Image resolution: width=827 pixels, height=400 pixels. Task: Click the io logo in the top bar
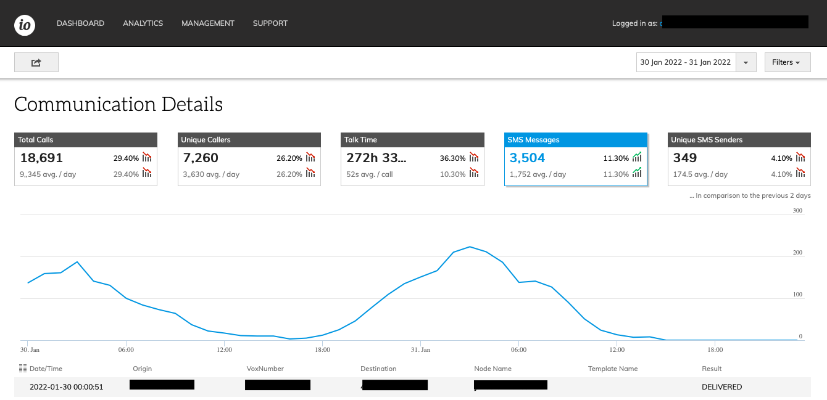point(25,24)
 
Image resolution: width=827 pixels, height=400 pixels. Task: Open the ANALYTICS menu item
point(143,23)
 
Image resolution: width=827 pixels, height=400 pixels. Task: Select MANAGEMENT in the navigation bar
point(208,23)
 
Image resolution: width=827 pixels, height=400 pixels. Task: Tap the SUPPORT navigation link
point(270,23)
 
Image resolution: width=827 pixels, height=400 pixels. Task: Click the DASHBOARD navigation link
point(80,23)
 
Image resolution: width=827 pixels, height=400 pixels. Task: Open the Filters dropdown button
point(787,62)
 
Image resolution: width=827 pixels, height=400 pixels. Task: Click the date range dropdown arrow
point(746,62)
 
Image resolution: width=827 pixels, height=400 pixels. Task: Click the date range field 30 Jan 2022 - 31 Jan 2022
point(686,62)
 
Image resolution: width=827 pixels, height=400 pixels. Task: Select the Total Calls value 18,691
point(41,158)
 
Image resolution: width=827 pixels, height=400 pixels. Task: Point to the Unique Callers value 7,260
point(201,158)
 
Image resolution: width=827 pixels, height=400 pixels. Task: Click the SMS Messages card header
point(575,140)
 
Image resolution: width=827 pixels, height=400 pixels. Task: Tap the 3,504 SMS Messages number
point(527,158)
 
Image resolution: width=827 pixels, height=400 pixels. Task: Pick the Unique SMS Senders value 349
point(685,158)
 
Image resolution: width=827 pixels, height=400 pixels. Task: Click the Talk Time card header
point(412,140)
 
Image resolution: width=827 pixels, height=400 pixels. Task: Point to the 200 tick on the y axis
point(797,253)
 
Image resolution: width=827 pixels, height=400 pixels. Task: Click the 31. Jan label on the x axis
point(420,349)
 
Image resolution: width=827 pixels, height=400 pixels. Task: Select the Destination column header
point(378,369)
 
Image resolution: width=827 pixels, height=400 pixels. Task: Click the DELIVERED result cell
point(721,387)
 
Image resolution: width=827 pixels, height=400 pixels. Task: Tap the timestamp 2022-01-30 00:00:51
point(66,387)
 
